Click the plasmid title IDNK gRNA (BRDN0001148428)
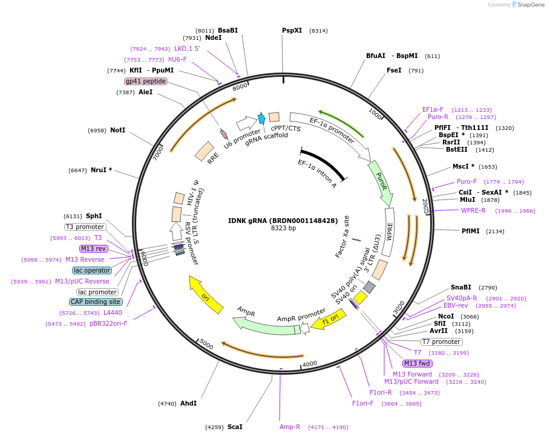(283, 221)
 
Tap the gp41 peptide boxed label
(146, 81)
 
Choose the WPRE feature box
(389, 232)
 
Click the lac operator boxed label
(91, 270)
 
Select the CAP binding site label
(96, 302)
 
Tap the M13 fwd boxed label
(418, 363)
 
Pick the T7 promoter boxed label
(441, 342)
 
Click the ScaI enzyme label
(235, 427)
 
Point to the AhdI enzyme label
(188, 403)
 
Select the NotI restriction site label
(118, 130)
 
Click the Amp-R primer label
(289, 427)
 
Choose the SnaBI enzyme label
(460, 287)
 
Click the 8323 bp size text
(283, 228)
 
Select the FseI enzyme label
(394, 70)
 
